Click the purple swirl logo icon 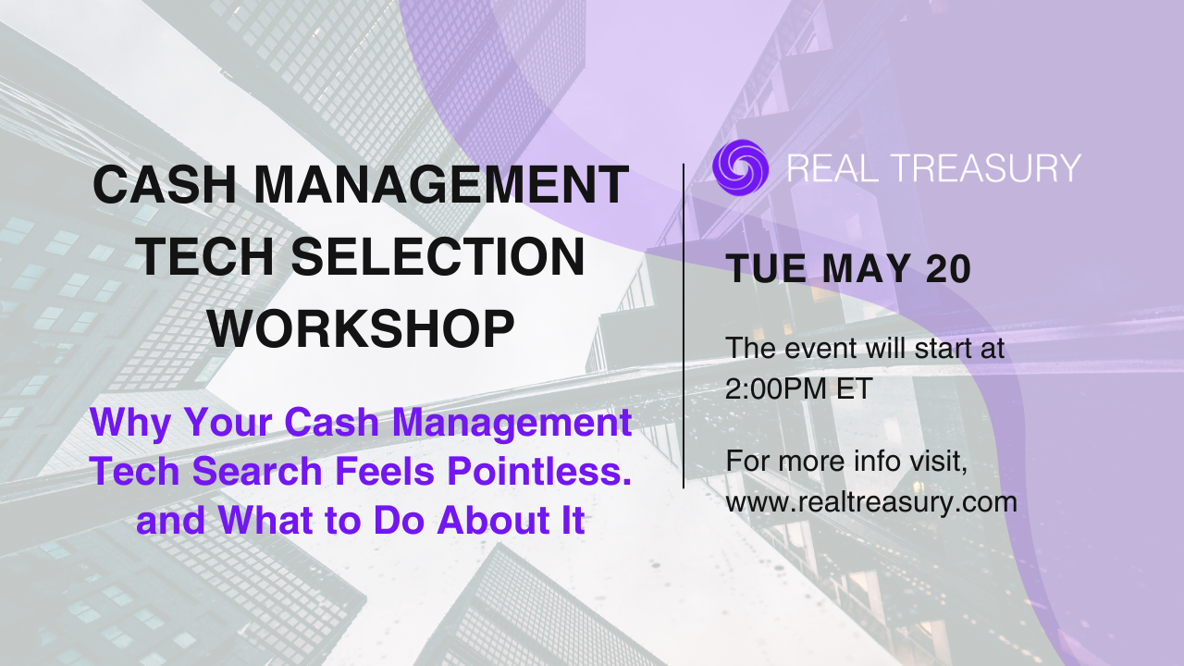[741, 167]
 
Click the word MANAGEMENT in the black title [441, 184]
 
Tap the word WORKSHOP [361, 328]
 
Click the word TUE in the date [766, 269]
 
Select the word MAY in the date [866, 269]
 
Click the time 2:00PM [776, 389]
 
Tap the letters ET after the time [854, 389]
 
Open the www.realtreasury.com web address [871, 501]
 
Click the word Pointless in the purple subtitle [539, 471]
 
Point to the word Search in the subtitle [257, 471]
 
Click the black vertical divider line [684, 327]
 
